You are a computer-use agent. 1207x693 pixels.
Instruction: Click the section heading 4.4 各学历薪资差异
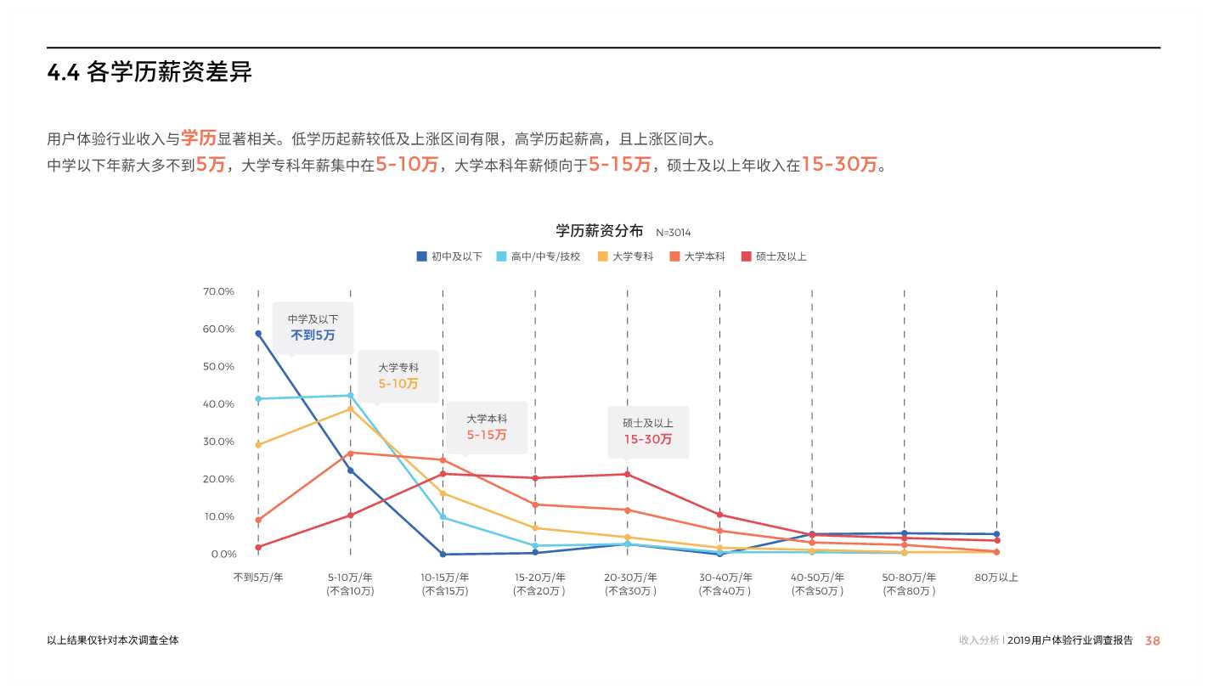tap(149, 73)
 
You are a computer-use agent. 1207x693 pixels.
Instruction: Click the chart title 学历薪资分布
tap(599, 231)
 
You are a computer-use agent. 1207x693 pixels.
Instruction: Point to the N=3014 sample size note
tap(673, 233)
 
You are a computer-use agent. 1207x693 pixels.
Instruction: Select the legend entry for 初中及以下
tap(449, 256)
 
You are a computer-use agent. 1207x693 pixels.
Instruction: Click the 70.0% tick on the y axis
tap(218, 291)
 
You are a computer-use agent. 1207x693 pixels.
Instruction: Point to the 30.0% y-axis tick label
tap(218, 442)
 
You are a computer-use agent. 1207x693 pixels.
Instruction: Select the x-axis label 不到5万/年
tap(258, 577)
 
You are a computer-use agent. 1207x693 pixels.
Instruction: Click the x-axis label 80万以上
tap(996, 577)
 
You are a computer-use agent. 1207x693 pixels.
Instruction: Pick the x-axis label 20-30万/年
tap(628, 577)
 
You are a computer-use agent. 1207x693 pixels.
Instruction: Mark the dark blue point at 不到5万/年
tap(258, 334)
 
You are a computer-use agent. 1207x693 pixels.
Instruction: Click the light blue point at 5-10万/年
tap(350, 395)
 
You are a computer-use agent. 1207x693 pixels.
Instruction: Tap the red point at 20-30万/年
tap(628, 474)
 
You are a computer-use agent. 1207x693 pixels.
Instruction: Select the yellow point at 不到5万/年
tap(258, 444)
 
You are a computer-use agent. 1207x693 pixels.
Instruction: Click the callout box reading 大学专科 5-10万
tap(398, 375)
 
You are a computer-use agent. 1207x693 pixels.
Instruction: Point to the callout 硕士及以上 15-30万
tap(648, 431)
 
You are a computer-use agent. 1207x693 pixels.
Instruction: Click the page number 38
tap(1152, 641)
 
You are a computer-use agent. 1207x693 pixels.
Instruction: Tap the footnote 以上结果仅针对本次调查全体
tap(113, 640)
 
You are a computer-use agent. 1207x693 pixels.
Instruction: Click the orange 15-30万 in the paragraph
tap(838, 165)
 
